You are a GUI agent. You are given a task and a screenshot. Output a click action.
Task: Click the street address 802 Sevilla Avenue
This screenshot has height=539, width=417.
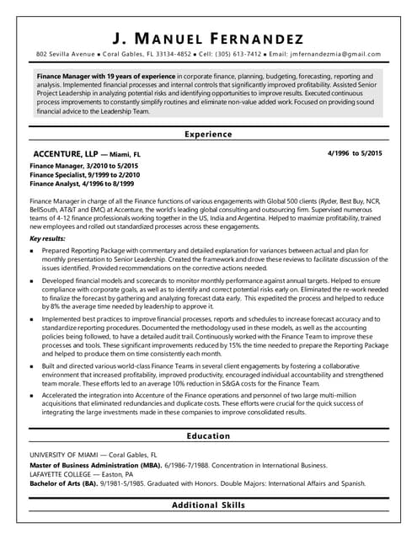64,53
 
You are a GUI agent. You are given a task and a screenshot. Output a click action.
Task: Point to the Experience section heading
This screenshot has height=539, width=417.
208,134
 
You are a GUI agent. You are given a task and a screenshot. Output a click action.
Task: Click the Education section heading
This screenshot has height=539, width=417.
208,435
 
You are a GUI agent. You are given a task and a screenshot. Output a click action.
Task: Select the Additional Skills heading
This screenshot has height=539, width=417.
208,504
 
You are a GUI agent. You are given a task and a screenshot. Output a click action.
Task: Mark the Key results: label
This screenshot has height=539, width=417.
49,238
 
